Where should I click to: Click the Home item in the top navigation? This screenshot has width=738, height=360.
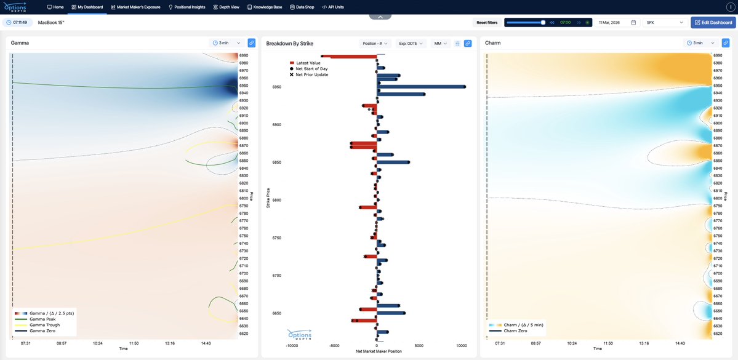(x=55, y=7)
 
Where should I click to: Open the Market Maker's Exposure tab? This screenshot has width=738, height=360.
(x=135, y=7)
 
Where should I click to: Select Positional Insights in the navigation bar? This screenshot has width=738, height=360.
(x=187, y=7)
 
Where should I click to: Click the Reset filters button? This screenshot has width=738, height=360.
(x=486, y=22)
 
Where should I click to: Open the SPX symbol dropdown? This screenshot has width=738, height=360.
(x=664, y=22)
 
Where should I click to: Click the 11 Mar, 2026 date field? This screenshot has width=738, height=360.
(x=617, y=22)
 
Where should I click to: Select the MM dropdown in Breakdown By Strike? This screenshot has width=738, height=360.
(x=441, y=43)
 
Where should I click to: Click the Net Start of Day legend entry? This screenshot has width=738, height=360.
(x=311, y=68)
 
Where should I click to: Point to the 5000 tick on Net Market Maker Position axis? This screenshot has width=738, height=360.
(x=419, y=345)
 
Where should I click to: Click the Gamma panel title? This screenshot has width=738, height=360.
(x=20, y=43)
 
